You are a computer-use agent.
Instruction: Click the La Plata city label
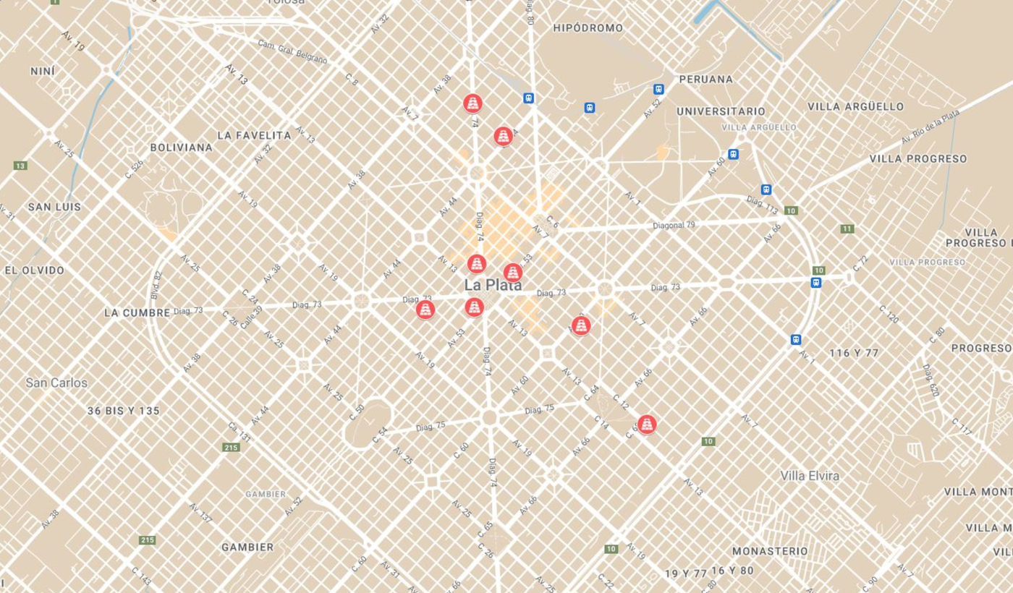[x=493, y=285]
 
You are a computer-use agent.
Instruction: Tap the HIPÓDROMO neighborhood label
[x=588, y=28]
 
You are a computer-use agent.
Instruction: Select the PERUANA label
[x=705, y=79]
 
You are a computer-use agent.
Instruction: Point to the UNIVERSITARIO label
[x=720, y=111]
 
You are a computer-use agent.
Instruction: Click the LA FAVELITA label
[x=254, y=135]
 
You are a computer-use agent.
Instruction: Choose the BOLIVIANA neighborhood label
[x=181, y=148]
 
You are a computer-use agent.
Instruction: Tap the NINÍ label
[x=43, y=72]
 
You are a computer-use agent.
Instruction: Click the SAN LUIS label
[x=54, y=207]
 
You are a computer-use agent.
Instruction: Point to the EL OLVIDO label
[x=34, y=270]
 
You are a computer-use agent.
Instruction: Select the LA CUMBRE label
[x=137, y=312]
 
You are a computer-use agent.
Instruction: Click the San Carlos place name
[x=56, y=383]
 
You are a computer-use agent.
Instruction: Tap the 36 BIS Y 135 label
[x=123, y=411]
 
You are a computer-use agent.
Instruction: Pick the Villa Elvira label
[x=810, y=476]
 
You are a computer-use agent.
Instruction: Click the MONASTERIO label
[x=770, y=551]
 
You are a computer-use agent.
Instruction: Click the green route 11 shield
[x=847, y=229]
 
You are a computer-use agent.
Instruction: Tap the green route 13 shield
[x=20, y=166]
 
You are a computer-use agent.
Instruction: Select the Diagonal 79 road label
[x=674, y=226]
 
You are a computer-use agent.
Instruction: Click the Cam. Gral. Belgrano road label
[x=292, y=51]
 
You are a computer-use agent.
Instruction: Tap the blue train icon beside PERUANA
[x=658, y=90]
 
